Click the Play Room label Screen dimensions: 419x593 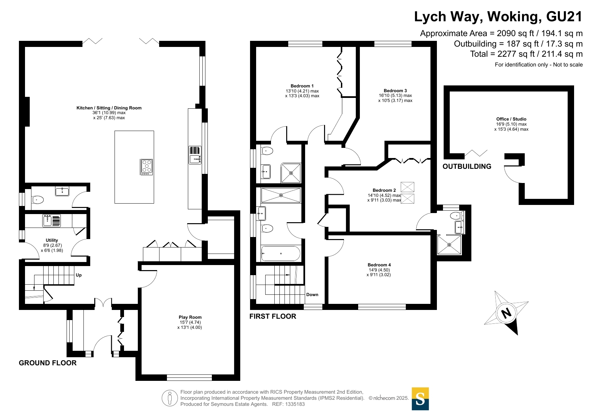[190, 317]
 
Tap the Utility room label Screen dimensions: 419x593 [52, 240]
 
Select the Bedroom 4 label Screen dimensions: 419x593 [379, 265]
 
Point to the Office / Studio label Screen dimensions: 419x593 [511, 119]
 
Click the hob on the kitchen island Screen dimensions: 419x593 [147, 167]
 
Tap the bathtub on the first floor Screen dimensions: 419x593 [280, 254]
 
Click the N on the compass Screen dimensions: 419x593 [506, 313]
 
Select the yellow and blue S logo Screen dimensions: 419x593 [420, 399]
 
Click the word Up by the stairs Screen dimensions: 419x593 [79, 275]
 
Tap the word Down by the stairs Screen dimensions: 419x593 [312, 295]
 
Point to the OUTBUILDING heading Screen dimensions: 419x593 [467, 166]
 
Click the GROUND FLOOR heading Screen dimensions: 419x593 [48, 363]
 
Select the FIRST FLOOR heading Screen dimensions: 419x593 [273, 316]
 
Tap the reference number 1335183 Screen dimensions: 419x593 [295, 404]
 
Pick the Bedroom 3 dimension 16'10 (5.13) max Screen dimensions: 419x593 [395, 96]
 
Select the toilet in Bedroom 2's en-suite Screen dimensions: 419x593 [456, 215]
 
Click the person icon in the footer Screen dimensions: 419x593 [170, 398]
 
